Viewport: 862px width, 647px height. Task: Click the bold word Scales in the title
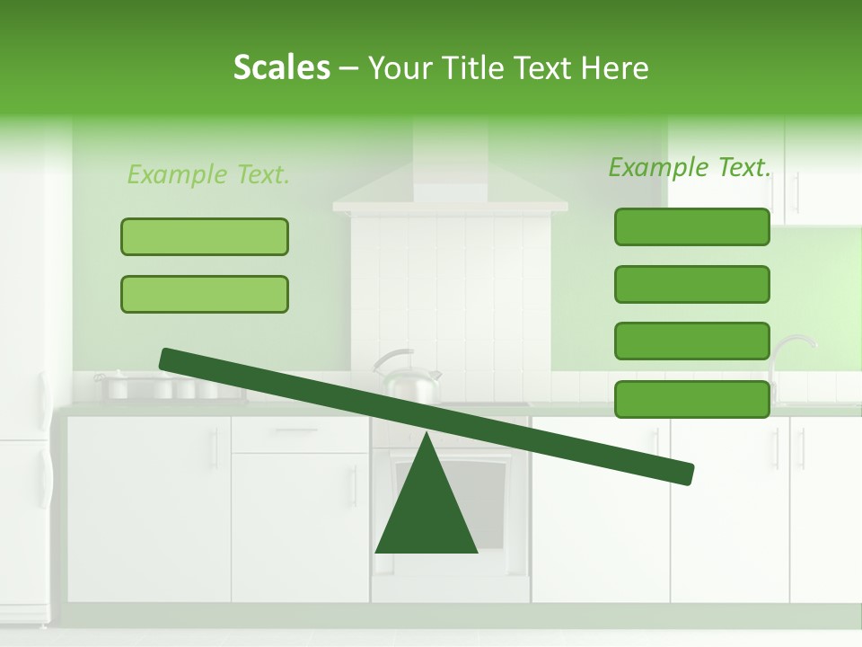coord(281,67)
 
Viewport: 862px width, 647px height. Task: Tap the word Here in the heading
coord(614,68)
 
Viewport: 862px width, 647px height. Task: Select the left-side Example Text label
coord(208,174)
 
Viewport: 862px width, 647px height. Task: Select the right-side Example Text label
coord(690,167)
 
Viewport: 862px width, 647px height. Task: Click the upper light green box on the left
coord(205,236)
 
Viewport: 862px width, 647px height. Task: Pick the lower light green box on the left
coord(205,294)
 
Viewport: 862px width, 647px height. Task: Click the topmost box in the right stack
coord(691,226)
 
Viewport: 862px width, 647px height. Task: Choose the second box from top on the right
coord(691,284)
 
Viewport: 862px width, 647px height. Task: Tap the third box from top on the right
coord(691,341)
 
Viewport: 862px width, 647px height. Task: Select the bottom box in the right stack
coord(691,399)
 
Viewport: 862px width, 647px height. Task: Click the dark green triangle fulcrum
coord(427,512)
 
